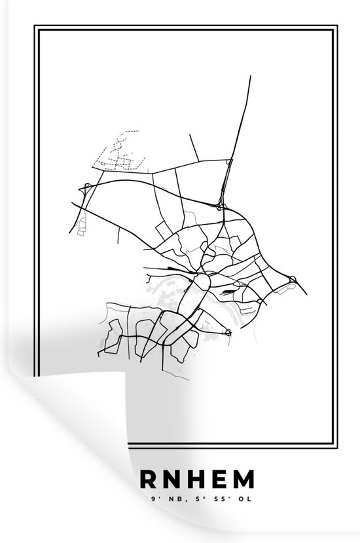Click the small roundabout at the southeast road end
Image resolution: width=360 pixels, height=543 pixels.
pyautogui.click(x=228, y=333)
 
